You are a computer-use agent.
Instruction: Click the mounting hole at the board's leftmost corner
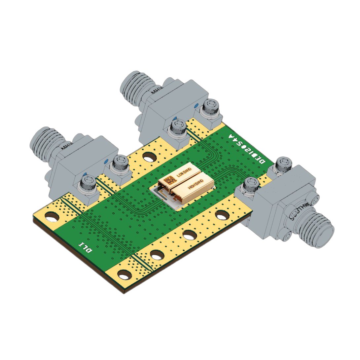tap(52, 217)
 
